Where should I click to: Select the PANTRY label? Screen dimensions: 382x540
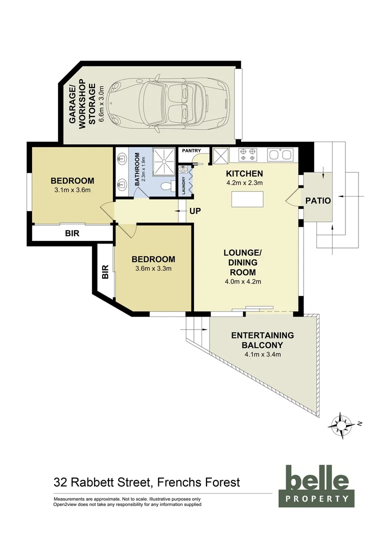191,150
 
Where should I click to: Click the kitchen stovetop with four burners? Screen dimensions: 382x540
248,154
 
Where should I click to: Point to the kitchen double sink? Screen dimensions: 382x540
280,154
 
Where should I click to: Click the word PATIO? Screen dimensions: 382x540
318,201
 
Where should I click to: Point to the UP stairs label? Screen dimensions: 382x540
195,211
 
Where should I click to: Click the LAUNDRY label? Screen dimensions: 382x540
184,185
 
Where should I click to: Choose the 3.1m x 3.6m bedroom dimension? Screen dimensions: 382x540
72,190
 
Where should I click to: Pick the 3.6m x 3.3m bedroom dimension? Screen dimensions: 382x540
153,268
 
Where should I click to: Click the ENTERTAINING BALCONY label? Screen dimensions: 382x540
262,340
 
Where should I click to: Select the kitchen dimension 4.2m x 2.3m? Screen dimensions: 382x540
244,183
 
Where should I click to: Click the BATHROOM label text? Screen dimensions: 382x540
136,170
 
